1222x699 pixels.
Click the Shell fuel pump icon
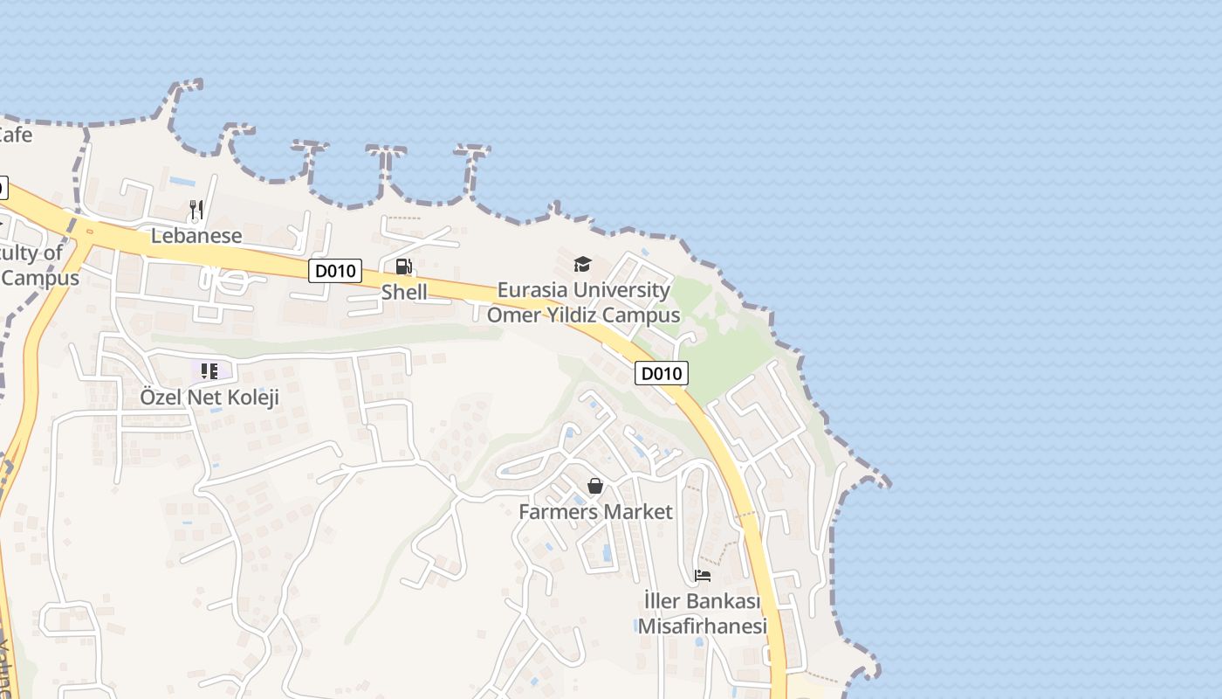pyautogui.click(x=404, y=266)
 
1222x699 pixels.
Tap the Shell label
pyautogui.click(x=404, y=292)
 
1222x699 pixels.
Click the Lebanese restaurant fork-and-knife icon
pyautogui.click(x=196, y=210)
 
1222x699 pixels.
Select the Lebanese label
pyautogui.click(x=196, y=236)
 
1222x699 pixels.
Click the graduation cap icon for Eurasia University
pyautogui.click(x=582, y=264)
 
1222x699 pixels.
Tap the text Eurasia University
pyautogui.click(x=583, y=290)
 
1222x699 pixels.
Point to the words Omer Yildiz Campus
pyautogui.click(x=583, y=315)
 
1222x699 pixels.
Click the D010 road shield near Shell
pyautogui.click(x=335, y=271)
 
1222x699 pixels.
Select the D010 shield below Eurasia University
pyautogui.click(x=661, y=374)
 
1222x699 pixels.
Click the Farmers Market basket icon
pyautogui.click(x=595, y=486)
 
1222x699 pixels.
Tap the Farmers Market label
pyautogui.click(x=595, y=512)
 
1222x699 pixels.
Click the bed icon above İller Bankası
pyautogui.click(x=703, y=575)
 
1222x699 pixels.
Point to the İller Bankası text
pyautogui.click(x=703, y=601)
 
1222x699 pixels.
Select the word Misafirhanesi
pyautogui.click(x=703, y=626)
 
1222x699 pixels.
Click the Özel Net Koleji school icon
pyautogui.click(x=209, y=371)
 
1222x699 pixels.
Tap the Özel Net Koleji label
pyautogui.click(x=209, y=398)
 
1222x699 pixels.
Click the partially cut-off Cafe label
pyautogui.click(x=15, y=135)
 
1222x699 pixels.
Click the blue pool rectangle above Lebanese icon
pyautogui.click(x=182, y=182)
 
